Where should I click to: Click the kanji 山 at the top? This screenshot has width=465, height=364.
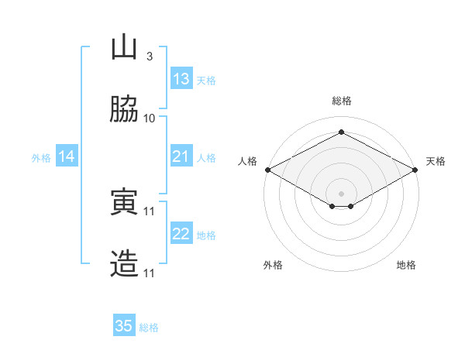124,46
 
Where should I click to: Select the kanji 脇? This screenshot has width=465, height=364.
124,108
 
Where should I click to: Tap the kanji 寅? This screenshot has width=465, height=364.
124,201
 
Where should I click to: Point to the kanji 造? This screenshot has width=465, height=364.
124,263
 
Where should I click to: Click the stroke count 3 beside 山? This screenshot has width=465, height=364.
150,57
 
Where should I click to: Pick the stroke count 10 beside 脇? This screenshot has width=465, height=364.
149,118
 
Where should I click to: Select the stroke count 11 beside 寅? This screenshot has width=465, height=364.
149,211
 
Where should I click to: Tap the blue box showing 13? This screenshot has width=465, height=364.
181,78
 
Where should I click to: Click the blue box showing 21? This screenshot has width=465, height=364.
181,156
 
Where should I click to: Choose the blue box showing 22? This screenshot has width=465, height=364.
181,232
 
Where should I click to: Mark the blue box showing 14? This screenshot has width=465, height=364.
67,156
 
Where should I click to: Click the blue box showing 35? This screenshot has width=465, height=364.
124,325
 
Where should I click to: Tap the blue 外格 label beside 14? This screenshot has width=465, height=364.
41,158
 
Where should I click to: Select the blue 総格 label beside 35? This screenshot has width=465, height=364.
149,328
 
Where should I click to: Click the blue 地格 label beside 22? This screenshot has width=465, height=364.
206,235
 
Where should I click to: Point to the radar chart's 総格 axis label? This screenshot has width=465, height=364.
342,101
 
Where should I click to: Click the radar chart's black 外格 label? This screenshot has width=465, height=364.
273,265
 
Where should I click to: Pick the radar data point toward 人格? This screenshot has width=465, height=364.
268,170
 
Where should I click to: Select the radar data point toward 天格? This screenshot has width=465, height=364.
415,170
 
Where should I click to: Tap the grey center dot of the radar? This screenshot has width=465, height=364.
341,194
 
